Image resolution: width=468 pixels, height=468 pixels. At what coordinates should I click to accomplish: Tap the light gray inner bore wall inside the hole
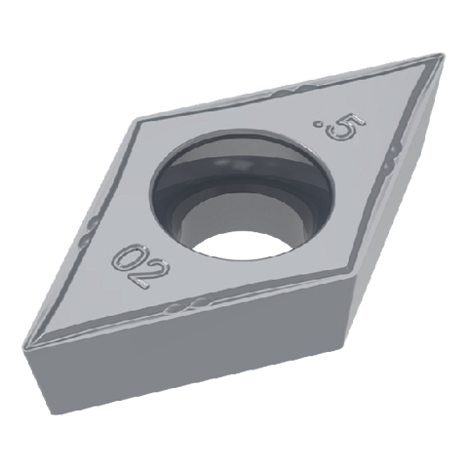click(241, 216)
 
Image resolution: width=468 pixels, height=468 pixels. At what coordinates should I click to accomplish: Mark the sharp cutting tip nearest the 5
click(442, 55)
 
